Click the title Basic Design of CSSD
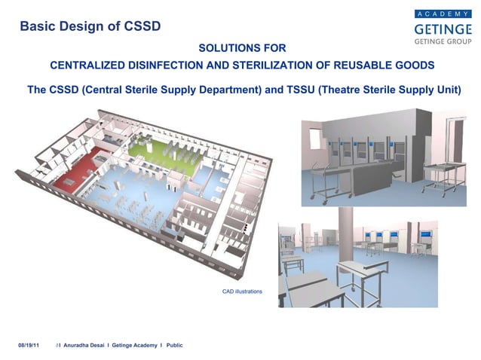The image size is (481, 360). [90, 27]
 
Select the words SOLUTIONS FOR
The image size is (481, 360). [241, 48]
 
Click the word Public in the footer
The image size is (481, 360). [175, 345]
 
